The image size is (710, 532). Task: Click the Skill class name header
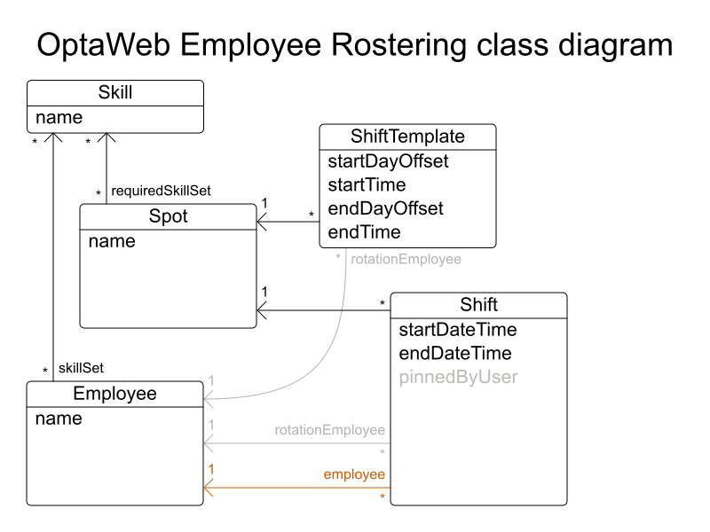pyautogui.click(x=115, y=92)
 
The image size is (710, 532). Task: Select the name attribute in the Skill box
pyautogui.click(x=59, y=117)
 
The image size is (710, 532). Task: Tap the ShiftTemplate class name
pyautogui.click(x=407, y=137)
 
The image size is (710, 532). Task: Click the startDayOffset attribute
pyautogui.click(x=388, y=161)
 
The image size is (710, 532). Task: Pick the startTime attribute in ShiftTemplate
pyautogui.click(x=367, y=185)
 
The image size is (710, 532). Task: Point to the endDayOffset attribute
pyautogui.click(x=385, y=209)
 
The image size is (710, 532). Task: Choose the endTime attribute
pyautogui.click(x=364, y=232)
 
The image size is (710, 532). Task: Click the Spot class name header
pyautogui.click(x=169, y=216)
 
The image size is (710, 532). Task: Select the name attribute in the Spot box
pyautogui.click(x=112, y=241)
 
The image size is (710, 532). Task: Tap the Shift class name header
pyautogui.click(x=478, y=305)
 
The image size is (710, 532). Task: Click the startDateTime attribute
pyautogui.click(x=458, y=330)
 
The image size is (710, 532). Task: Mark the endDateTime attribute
pyautogui.click(x=455, y=354)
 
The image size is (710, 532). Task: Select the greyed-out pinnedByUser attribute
pyautogui.click(x=458, y=378)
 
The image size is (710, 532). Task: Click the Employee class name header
pyautogui.click(x=114, y=394)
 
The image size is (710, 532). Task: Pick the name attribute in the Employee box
pyautogui.click(x=59, y=419)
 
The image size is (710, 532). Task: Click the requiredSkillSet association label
pyautogui.click(x=161, y=191)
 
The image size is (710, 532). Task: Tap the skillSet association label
pyautogui.click(x=82, y=368)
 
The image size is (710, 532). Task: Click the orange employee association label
pyautogui.click(x=354, y=475)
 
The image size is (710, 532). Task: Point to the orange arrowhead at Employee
pyautogui.click(x=209, y=488)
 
